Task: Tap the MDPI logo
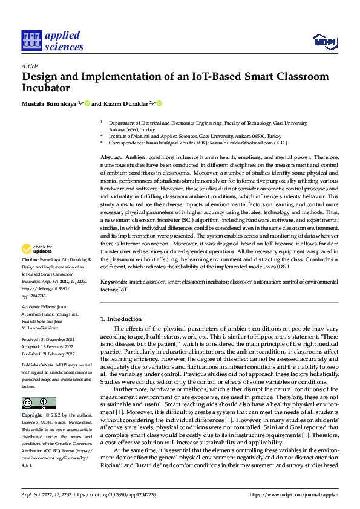pos(324,41)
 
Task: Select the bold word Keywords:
pos(114,282)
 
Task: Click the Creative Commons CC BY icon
pos(38,403)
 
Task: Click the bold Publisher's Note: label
pos(38,366)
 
